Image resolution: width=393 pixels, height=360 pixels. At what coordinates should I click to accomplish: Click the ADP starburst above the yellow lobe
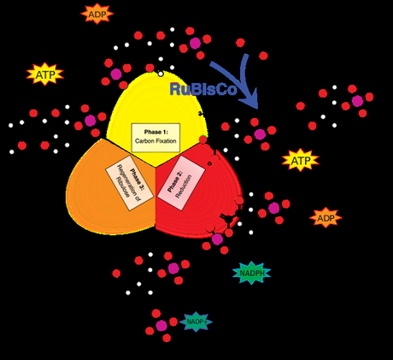point(96,14)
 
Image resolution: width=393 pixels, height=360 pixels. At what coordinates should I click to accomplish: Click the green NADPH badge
point(251,273)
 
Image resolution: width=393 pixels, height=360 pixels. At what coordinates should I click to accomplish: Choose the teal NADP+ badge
point(196,322)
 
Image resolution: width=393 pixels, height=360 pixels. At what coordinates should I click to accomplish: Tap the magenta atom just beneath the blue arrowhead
point(259,134)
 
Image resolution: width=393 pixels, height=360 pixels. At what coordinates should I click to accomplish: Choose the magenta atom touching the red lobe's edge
point(218,239)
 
